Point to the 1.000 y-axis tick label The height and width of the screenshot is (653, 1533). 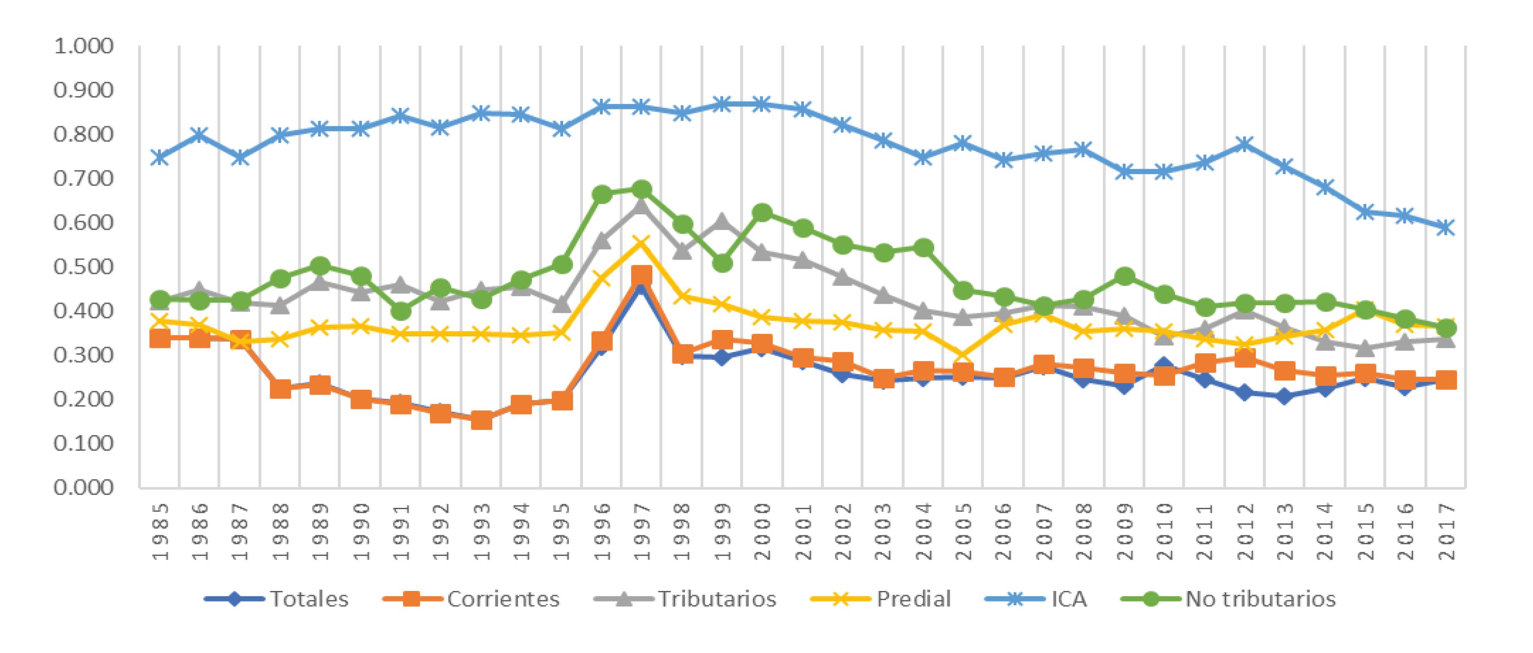(83, 46)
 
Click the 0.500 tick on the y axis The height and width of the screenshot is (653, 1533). (83, 267)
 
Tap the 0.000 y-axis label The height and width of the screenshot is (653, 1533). (83, 488)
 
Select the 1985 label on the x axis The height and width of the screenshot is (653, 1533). (160, 532)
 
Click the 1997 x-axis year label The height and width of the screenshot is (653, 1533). (641, 532)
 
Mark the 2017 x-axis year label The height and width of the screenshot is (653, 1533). (1446, 532)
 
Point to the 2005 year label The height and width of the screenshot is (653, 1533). (963, 532)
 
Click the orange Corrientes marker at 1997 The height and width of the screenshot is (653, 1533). (641, 276)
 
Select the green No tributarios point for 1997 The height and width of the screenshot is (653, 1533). (641, 190)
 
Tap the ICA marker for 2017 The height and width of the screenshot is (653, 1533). (1446, 227)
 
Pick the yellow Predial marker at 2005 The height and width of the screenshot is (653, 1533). (963, 357)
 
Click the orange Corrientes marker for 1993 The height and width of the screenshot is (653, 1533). (481, 420)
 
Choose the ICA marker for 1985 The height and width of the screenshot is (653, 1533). (160, 157)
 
